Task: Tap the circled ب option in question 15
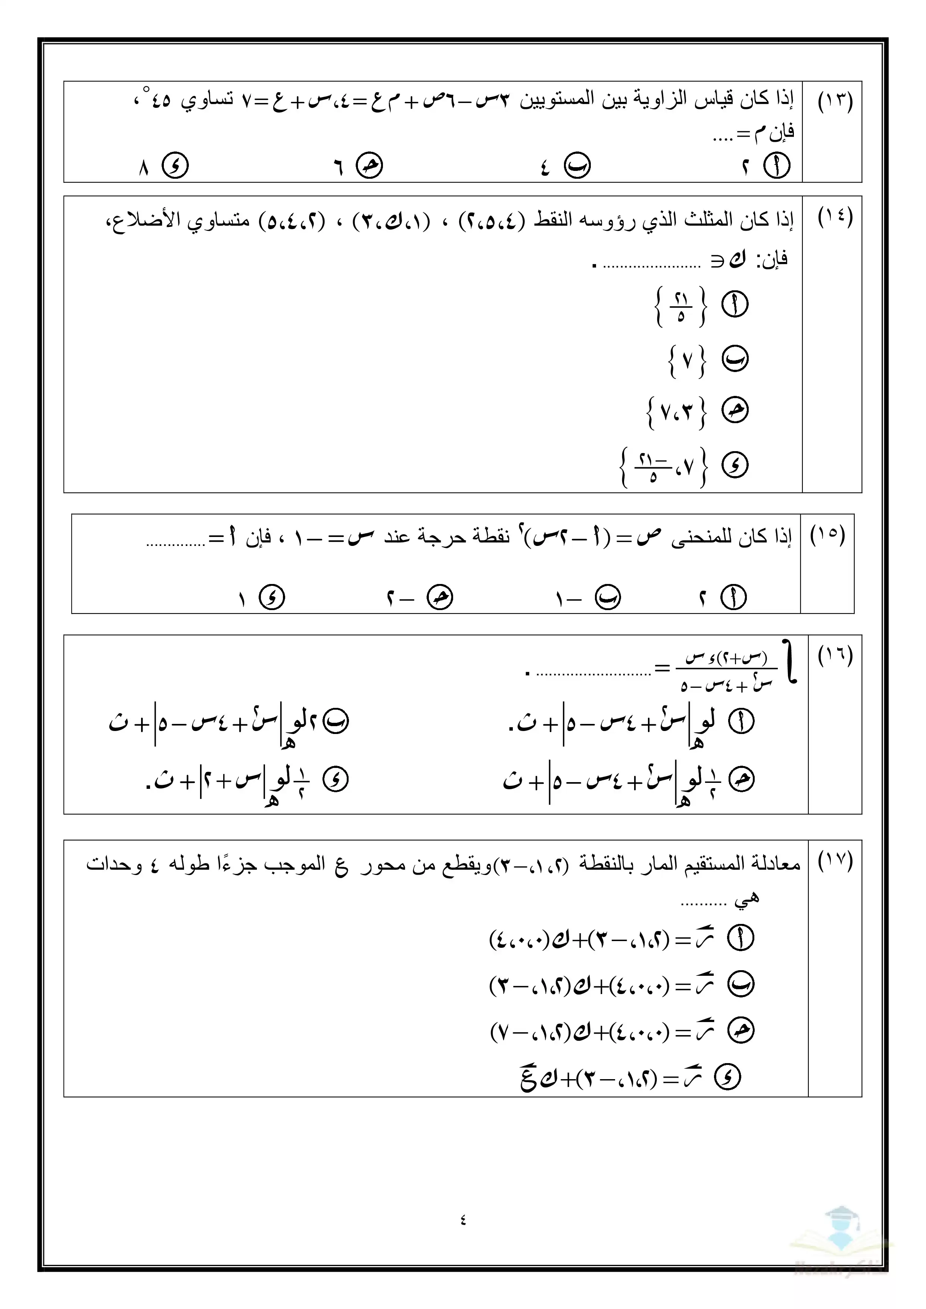click(x=608, y=597)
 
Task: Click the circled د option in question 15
click(x=271, y=597)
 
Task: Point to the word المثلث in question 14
click(x=708, y=219)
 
